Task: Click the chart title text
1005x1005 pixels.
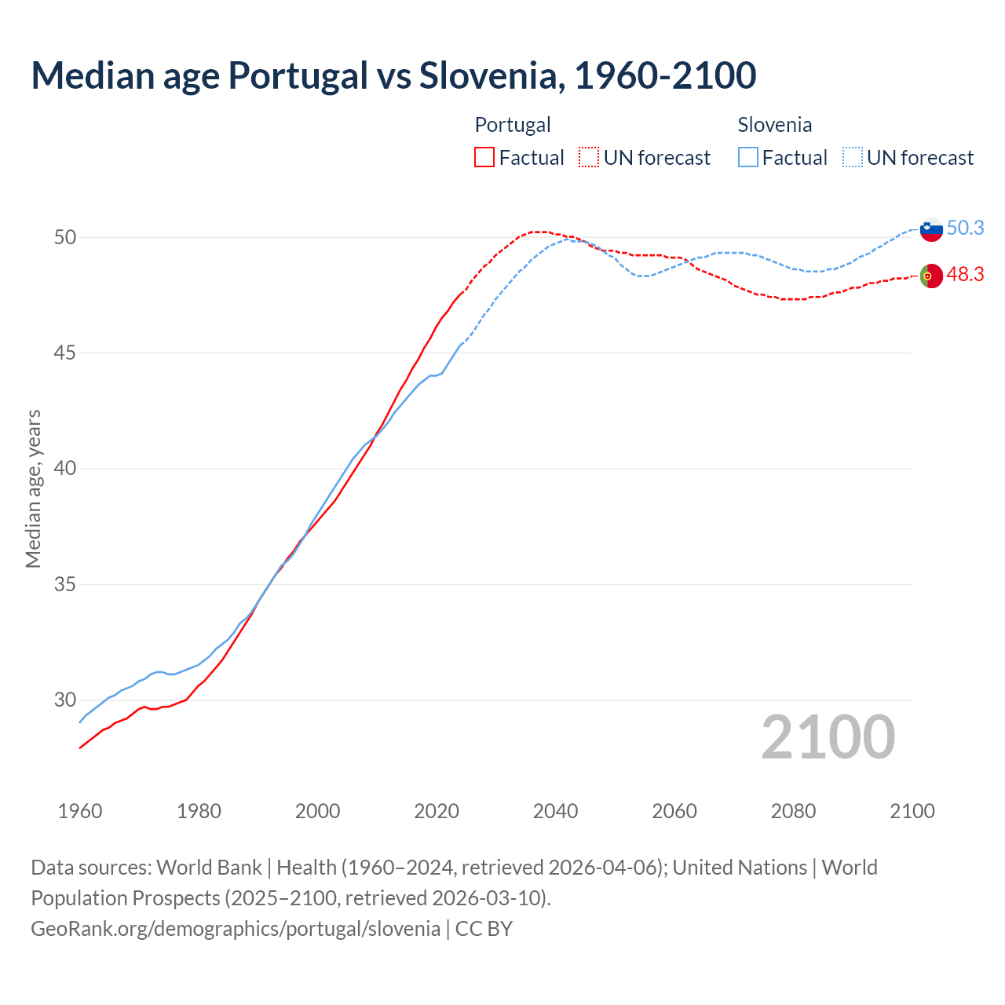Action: (x=393, y=75)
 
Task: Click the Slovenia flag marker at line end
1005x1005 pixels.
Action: (x=930, y=229)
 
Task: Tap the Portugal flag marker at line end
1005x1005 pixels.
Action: (x=930, y=276)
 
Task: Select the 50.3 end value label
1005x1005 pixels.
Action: (x=965, y=228)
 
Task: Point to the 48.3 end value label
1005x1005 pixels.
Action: (x=965, y=274)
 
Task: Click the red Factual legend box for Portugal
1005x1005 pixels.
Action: (x=484, y=158)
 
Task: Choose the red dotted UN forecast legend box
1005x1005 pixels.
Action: (x=589, y=158)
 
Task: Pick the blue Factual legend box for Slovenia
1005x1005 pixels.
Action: (x=748, y=158)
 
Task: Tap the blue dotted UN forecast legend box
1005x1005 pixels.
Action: (x=852, y=158)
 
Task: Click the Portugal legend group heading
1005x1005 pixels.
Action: (x=513, y=125)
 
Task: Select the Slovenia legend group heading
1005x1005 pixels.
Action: (x=774, y=125)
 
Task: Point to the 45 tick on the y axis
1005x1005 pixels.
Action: (x=65, y=353)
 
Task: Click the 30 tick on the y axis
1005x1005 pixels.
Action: (x=65, y=700)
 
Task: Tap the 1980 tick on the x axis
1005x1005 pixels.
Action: (x=199, y=811)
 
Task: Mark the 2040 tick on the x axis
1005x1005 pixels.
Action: (x=555, y=811)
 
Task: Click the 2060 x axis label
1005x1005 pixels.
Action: (x=674, y=811)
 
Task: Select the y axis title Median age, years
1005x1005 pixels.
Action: (x=33, y=488)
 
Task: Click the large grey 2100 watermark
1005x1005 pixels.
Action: (x=828, y=737)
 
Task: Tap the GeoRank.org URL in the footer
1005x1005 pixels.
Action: (x=236, y=929)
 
